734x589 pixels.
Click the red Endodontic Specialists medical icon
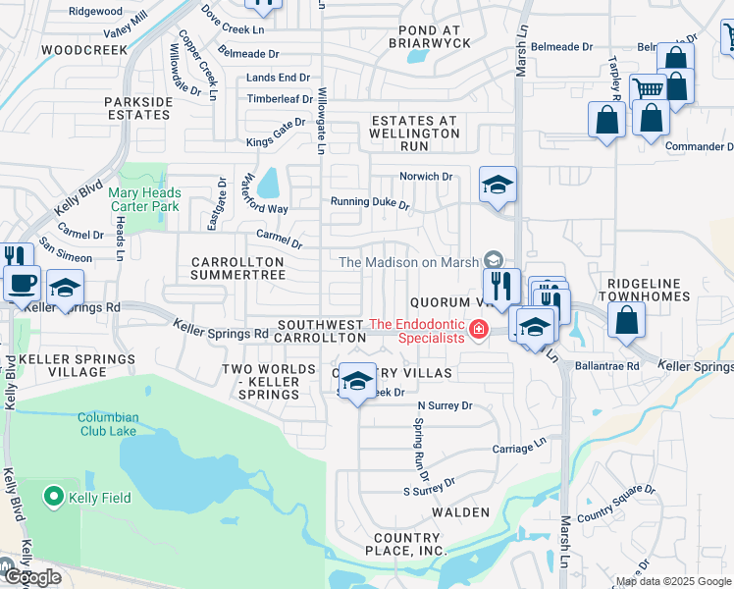pyautogui.click(x=479, y=329)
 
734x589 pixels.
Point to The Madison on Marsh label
pyautogui.click(x=407, y=262)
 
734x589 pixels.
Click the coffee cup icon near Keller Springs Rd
pyautogui.click(x=22, y=283)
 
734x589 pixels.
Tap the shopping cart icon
pyautogui.click(x=648, y=89)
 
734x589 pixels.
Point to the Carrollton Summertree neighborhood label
pyautogui.click(x=237, y=269)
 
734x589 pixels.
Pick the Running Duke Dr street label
pyautogui.click(x=369, y=204)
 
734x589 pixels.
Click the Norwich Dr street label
pyautogui.click(x=425, y=177)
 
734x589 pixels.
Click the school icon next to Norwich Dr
pyautogui.click(x=498, y=185)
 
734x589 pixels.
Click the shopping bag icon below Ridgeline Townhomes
pyautogui.click(x=626, y=319)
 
